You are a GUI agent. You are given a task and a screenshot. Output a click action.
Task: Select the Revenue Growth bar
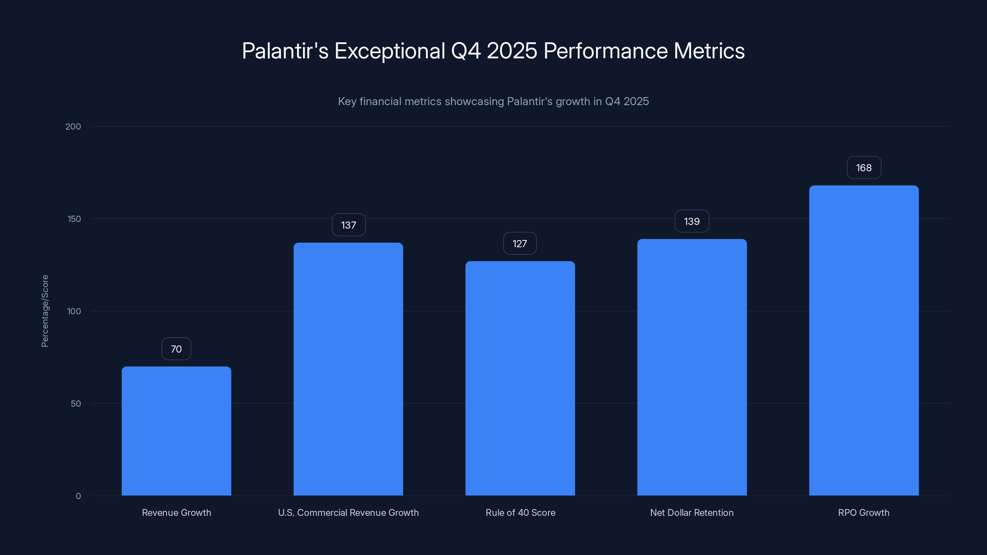pyautogui.click(x=176, y=431)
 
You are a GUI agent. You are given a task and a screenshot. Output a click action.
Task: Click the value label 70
pyautogui.click(x=176, y=349)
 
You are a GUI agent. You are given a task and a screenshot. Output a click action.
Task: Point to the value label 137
pyautogui.click(x=348, y=225)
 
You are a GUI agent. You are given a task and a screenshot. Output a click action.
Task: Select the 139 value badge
pyautogui.click(x=692, y=221)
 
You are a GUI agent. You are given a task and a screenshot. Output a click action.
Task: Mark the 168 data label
pyautogui.click(x=864, y=168)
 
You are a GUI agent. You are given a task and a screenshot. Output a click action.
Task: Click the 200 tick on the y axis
pyautogui.click(x=73, y=126)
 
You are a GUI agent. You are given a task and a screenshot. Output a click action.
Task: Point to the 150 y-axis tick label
pyautogui.click(x=74, y=219)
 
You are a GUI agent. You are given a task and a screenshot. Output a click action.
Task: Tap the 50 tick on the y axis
pyautogui.click(x=76, y=403)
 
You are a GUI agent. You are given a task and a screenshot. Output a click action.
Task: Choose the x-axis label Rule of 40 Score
pyautogui.click(x=520, y=512)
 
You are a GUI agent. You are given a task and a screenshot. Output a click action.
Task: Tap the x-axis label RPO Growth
pyautogui.click(x=864, y=512)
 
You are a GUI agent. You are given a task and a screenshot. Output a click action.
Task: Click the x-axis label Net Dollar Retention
pyautogui.click(x=692, y=512)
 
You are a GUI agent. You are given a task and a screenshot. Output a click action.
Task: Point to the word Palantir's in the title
pyautogui.click(x=285, y=51)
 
